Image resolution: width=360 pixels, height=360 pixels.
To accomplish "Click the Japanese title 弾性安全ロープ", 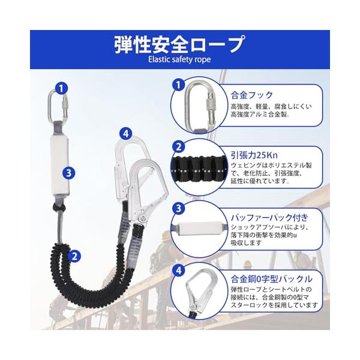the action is [179, 44].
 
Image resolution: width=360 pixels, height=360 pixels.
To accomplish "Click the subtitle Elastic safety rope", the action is [179, 59].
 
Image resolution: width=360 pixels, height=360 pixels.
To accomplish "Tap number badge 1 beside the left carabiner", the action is [61, 88].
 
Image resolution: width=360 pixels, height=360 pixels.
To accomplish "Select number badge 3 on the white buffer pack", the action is [69, 172].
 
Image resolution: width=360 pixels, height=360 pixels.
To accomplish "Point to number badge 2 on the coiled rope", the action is [74, 256].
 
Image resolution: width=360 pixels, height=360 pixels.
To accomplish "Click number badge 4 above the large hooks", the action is [126, 133].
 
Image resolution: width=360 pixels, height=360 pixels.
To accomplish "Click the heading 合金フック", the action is [252, 95].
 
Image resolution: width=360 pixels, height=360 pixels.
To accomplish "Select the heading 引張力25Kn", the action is [254, 155].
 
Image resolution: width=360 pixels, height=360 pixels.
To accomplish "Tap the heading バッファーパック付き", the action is [269, 217].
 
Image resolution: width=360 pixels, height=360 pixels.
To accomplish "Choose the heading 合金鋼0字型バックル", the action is [272, 279].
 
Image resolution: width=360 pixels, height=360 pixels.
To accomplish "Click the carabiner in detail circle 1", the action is [200, 106].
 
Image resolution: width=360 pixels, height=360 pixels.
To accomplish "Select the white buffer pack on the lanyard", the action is [59, 165].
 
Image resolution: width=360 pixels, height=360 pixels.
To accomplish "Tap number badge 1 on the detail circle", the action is [178, 85].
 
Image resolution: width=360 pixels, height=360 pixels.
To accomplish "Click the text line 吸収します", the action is [246, 242].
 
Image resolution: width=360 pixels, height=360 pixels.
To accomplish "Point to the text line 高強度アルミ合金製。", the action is [260, 114].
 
